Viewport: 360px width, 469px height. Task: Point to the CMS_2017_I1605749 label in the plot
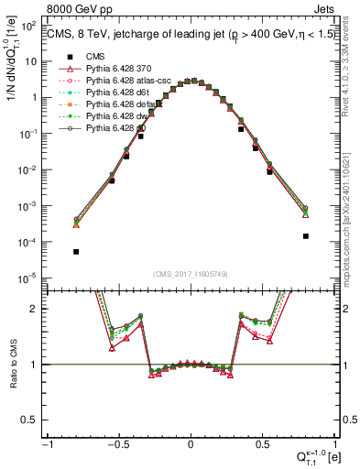pos(190,274)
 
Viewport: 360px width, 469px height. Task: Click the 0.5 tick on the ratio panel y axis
pos(34,420)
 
